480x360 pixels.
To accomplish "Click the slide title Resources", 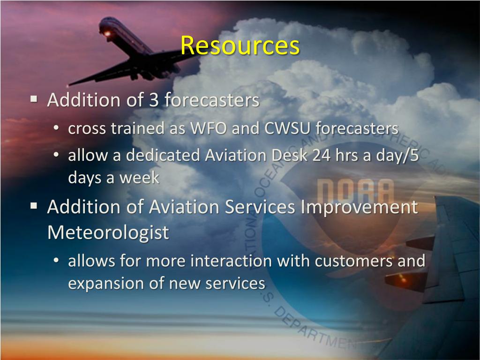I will point(240,46).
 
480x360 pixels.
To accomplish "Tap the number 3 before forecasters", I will point(154,100).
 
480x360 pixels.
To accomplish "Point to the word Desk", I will point(290,155).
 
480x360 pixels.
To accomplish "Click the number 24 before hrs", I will point(322,155).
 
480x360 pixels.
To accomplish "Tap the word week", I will point(139,178).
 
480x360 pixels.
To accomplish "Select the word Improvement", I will point(359,207).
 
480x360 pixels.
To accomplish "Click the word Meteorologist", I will point(108,232).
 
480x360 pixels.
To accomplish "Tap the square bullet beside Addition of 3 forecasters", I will point(34,99).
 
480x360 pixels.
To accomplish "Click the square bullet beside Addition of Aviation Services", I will point(34,206).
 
